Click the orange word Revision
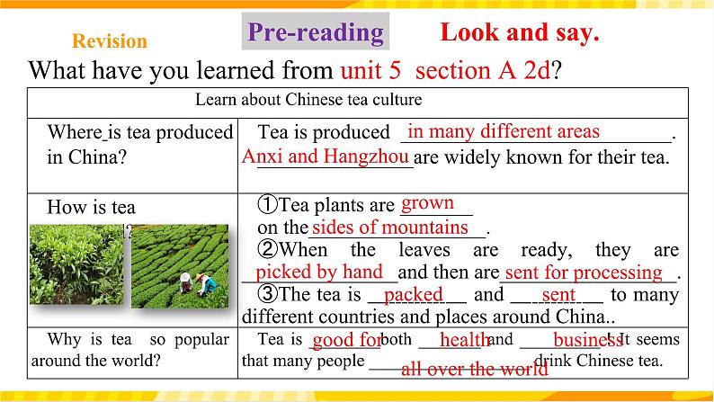tap(109, 41)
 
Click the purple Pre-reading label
tap(315, 33)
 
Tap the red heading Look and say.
tap(520, 33)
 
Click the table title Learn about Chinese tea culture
tap(308, 100)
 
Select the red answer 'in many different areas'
tap(504, 131)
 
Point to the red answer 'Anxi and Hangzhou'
tap(326, 156)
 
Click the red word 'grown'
tap(427, 203)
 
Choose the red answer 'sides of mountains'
tap(390, 227)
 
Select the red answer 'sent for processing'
tap(583, 272)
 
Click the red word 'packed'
tap(413, 294)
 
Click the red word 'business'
tap(587, 340)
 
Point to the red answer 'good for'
tap(346, 340)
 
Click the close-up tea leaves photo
tap(77, 265)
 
